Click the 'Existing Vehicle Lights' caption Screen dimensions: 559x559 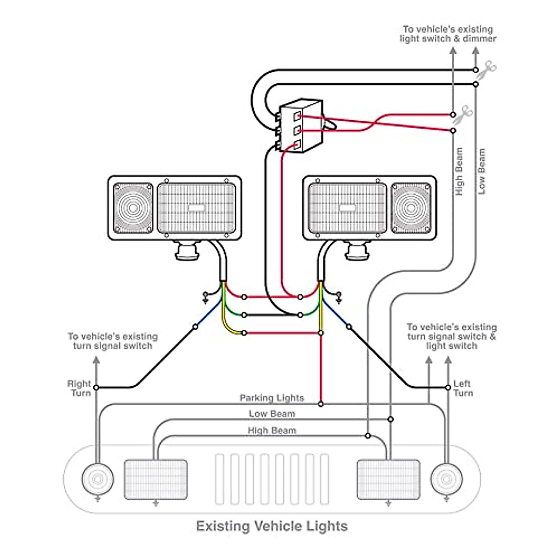coord(272,526)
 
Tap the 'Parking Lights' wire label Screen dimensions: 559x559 coord(272,398)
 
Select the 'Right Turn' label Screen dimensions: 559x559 coord(79,389)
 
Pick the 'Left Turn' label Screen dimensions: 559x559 coord(463,389)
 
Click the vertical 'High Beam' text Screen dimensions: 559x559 coord(459,171)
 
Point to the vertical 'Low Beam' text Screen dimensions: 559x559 coord(481,171)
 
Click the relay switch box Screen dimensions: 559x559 coord(301,126)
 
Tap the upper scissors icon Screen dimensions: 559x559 coord(488,69)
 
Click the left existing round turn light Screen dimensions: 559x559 coord(98,479)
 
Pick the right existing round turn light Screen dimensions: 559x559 coord(446,479)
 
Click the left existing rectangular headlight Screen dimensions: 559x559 coord(156,479)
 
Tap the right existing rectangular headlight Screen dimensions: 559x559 coord(388,479)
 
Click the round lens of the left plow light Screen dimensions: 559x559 coord(133,208)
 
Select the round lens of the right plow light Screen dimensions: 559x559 coord(411,208)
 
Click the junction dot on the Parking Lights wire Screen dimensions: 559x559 coord(321,404)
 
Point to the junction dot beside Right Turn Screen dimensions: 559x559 coord(96,387)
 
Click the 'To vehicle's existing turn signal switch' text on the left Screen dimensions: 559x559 coord(113,341)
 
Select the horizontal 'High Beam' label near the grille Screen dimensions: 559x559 coord(272,430)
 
